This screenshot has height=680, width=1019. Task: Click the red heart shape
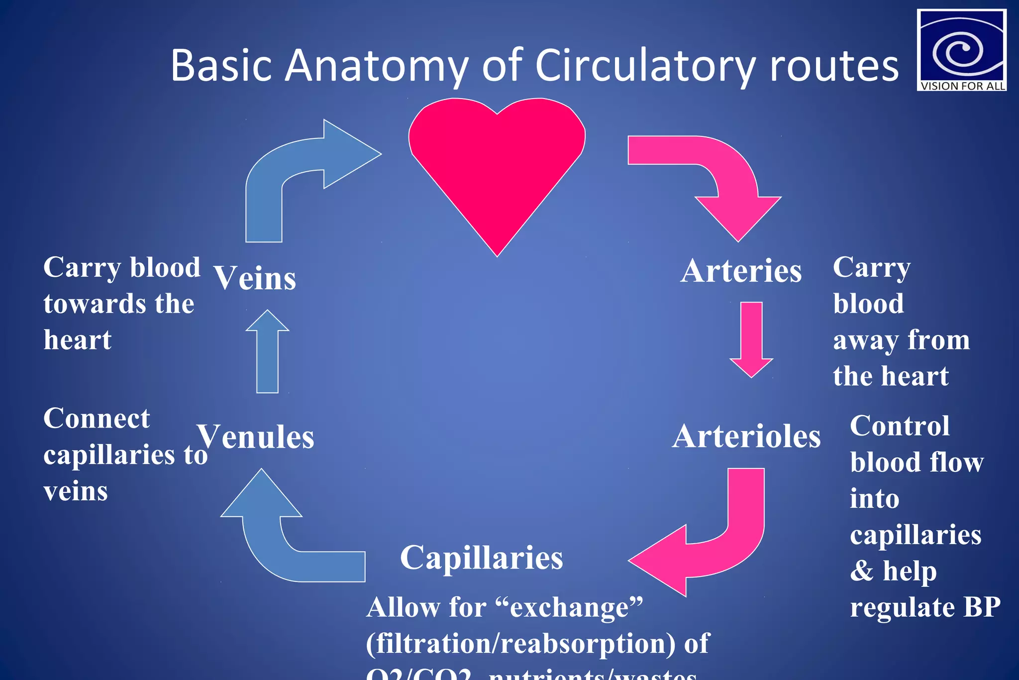pyautogui.click(x=497, y=164)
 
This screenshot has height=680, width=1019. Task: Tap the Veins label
pyautogui.click(x=255, y=278)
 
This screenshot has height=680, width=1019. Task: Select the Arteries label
pyautogui.click(x=741, y=271)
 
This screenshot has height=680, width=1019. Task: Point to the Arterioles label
pyautogui.click(x=746, y=437)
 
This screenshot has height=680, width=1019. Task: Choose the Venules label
pyautogui.click(x=256, y=437)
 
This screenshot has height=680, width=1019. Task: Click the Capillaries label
pyautogui.click(x=481, y=557)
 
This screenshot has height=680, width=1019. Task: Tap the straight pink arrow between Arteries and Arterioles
pyautogui.click(x=751, y=339)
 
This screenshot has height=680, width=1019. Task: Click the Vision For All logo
pyautogui.click(x=961, y=50)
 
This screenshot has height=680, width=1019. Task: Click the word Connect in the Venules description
pyautogui.click(x=97, y=418)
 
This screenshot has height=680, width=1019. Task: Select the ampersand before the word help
pyautogui.click(x=862, y=570)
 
